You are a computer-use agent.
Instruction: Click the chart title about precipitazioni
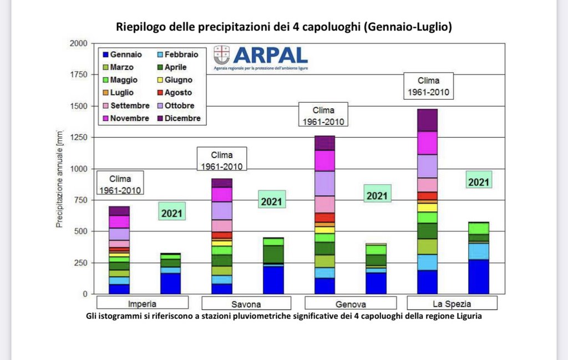point(283,27)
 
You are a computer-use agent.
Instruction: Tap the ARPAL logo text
point(270,54)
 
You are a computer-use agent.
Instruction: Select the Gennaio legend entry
point(126,54)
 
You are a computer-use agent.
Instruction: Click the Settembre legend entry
point(130,105)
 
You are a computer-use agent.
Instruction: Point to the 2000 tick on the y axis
point(78,43)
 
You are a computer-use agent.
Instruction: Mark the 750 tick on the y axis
point(80,200)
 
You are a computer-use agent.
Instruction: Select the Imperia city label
point(142,304)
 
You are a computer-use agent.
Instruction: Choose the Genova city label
point(351,304)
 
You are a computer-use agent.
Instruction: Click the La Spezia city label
point(452,303)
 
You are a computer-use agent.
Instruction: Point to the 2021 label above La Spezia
point(479,181)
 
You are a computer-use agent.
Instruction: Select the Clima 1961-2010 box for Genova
point(323,115)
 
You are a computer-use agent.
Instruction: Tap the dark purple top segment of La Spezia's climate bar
point(427,120)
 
